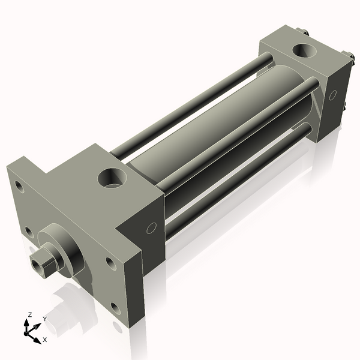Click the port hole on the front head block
112,178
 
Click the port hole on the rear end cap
304,50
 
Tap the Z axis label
29,314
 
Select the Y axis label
45,319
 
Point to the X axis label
45,340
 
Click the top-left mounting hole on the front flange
19,187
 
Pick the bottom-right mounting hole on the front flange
115,309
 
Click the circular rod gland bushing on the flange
62,250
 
